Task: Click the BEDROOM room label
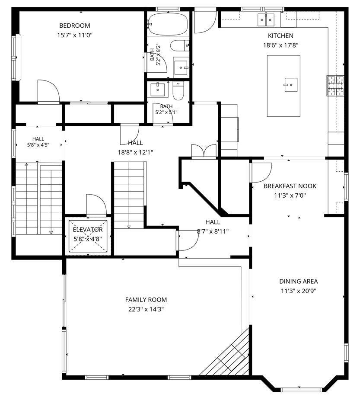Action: [75, 26]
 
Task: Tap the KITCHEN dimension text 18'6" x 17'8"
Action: [280, 45]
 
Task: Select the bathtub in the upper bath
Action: [168, 24]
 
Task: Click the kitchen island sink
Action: [291, 85]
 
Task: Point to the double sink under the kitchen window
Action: [266, 20]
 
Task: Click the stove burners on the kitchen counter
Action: [335, 85]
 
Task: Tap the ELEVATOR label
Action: [88, 230]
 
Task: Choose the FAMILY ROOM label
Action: [146, 300]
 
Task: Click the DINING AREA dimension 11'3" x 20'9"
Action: [299, 291]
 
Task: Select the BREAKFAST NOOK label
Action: [290, 186]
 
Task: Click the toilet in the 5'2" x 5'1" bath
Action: [178, 91]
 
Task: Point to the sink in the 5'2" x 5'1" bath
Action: [158, 90]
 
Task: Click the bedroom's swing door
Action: [48, 90]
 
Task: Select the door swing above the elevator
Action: [96, 205]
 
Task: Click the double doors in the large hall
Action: [204, 151]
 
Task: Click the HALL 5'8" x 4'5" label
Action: [38, 142]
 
